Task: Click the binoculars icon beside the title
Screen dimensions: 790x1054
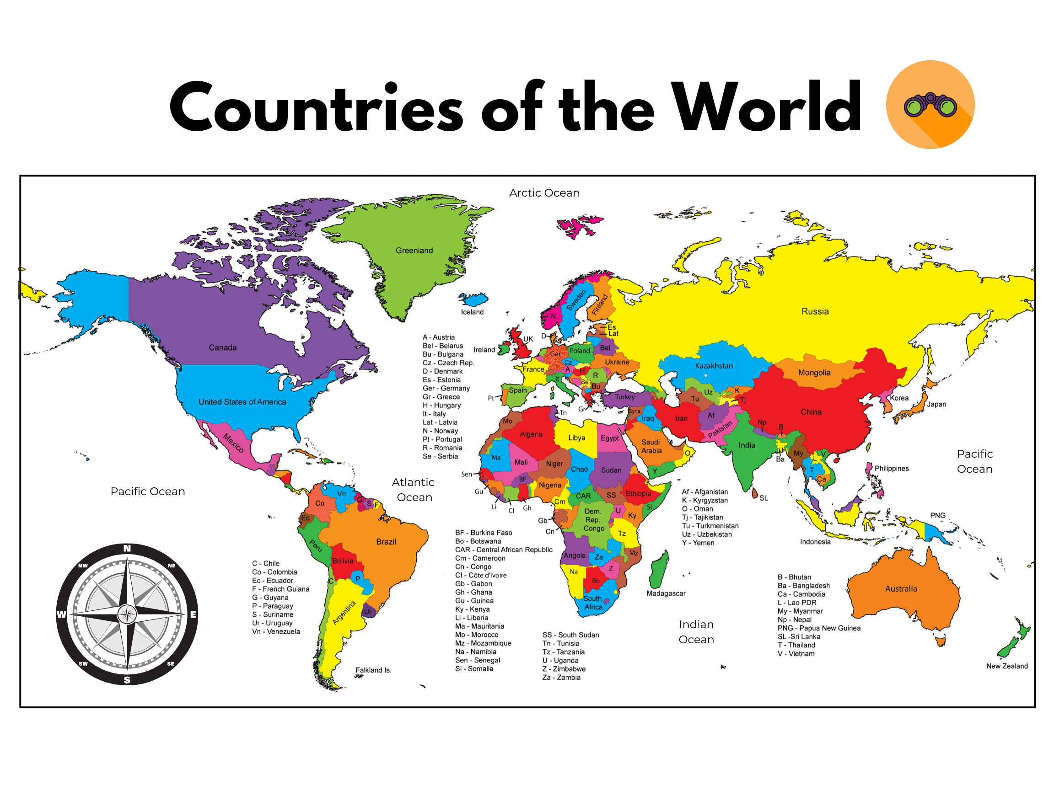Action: pos(930,105)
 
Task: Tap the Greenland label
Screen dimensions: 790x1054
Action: pos(414,251)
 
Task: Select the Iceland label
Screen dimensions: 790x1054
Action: pos(472,312)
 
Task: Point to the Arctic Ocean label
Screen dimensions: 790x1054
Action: pos(544,193)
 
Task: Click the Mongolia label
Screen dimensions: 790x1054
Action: pos(814,373)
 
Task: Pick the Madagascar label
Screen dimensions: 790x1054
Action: pos(666,593)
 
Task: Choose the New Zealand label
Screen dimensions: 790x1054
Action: pos(1006,666)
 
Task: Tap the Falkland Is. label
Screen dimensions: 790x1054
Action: pos(373,670)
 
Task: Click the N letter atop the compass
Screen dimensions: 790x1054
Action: pos(127,549)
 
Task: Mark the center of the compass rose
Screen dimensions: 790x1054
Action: pos(127,614)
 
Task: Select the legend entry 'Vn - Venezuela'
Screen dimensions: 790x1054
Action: pos(276,631)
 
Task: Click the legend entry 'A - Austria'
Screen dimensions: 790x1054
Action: pos(438,337)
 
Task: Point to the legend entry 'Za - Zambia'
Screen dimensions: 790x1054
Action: pos(561,677)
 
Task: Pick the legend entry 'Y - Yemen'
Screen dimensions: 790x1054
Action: pos(698,543)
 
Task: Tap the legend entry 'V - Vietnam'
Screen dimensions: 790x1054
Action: pos(796,654)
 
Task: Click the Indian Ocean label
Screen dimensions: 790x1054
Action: pos(696,632)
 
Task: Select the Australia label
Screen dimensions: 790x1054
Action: pos(901,588)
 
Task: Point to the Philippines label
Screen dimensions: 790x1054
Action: pos(892,469)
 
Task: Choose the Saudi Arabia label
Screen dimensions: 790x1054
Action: pos(651,446)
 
